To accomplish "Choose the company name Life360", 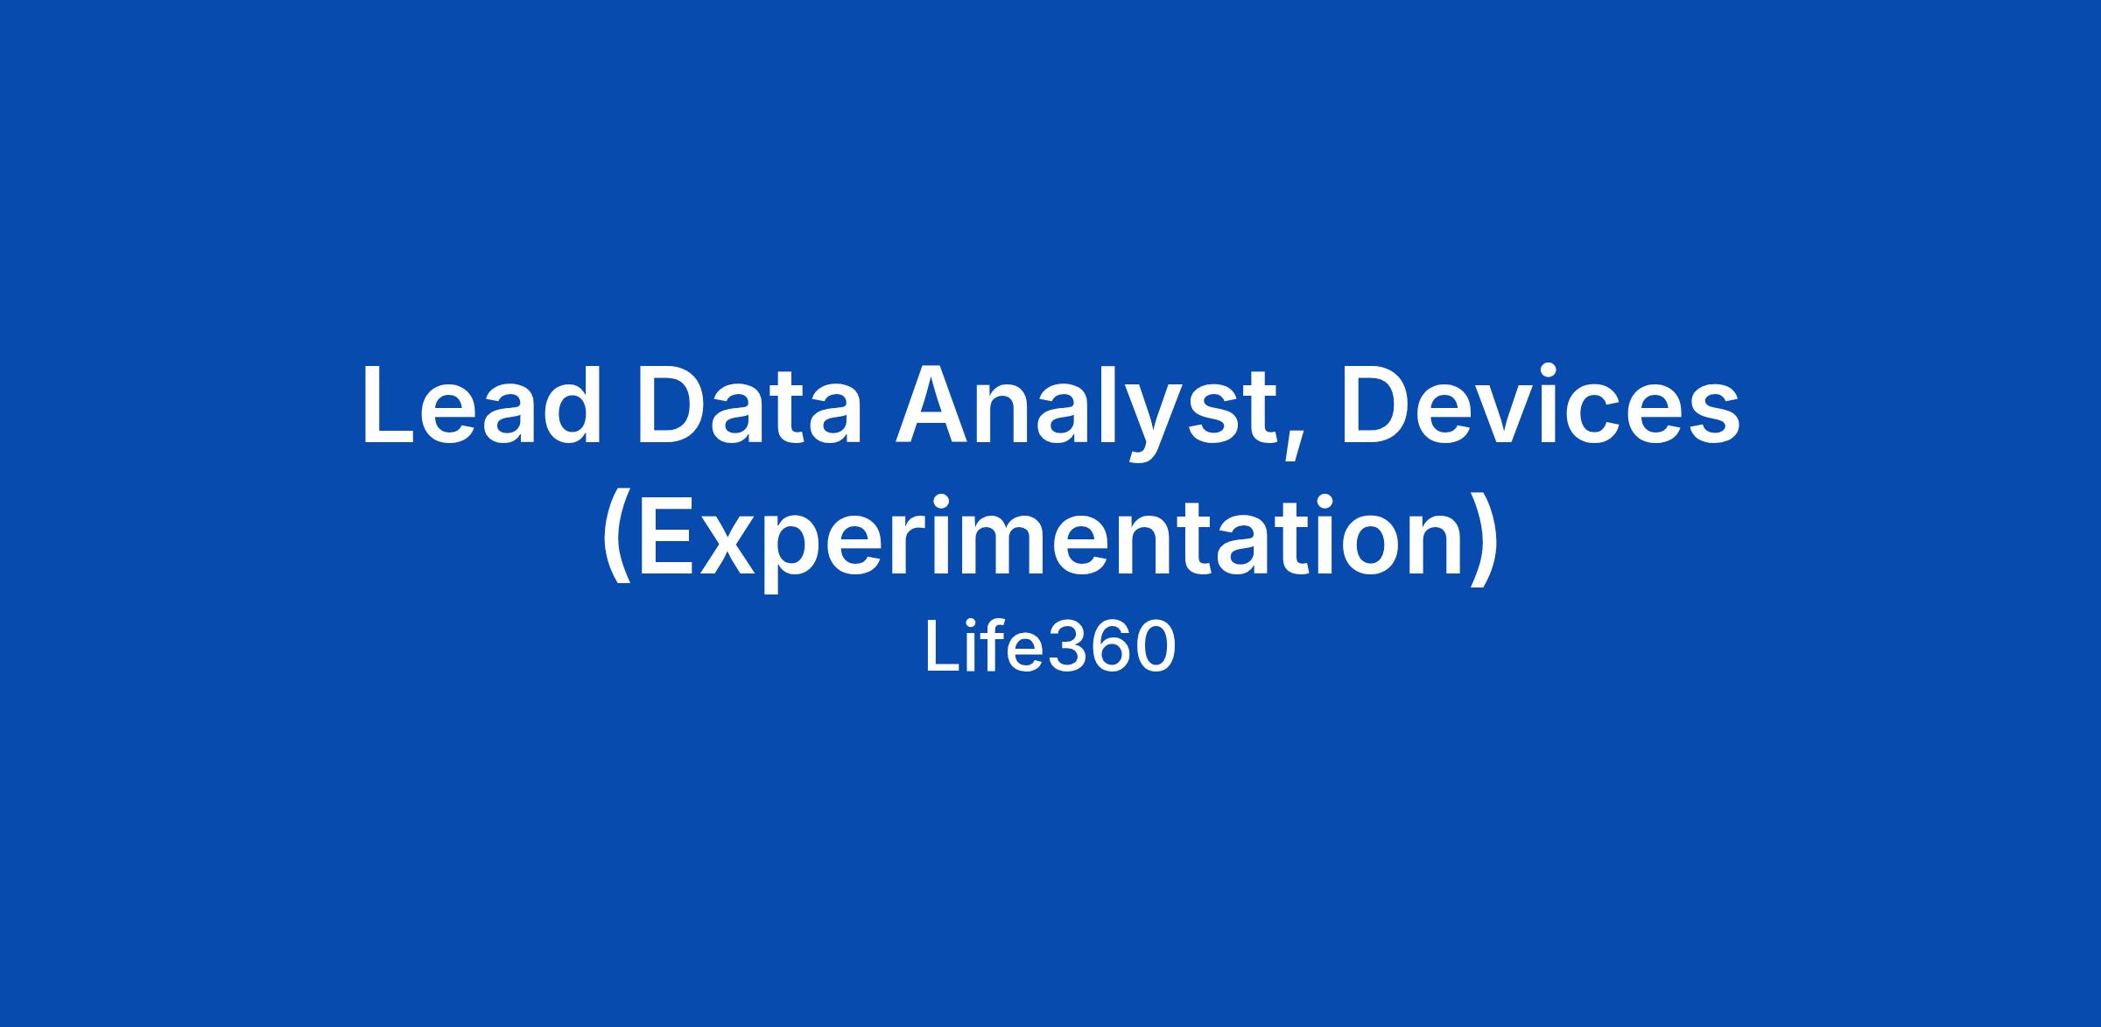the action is click(x=1050, y=648).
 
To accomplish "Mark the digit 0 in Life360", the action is click(x=1154, y=648).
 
